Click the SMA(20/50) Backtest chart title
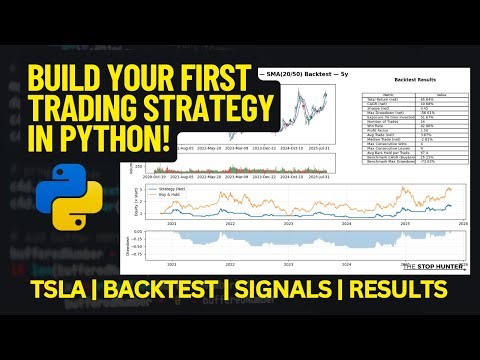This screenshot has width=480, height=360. (300, 75)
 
